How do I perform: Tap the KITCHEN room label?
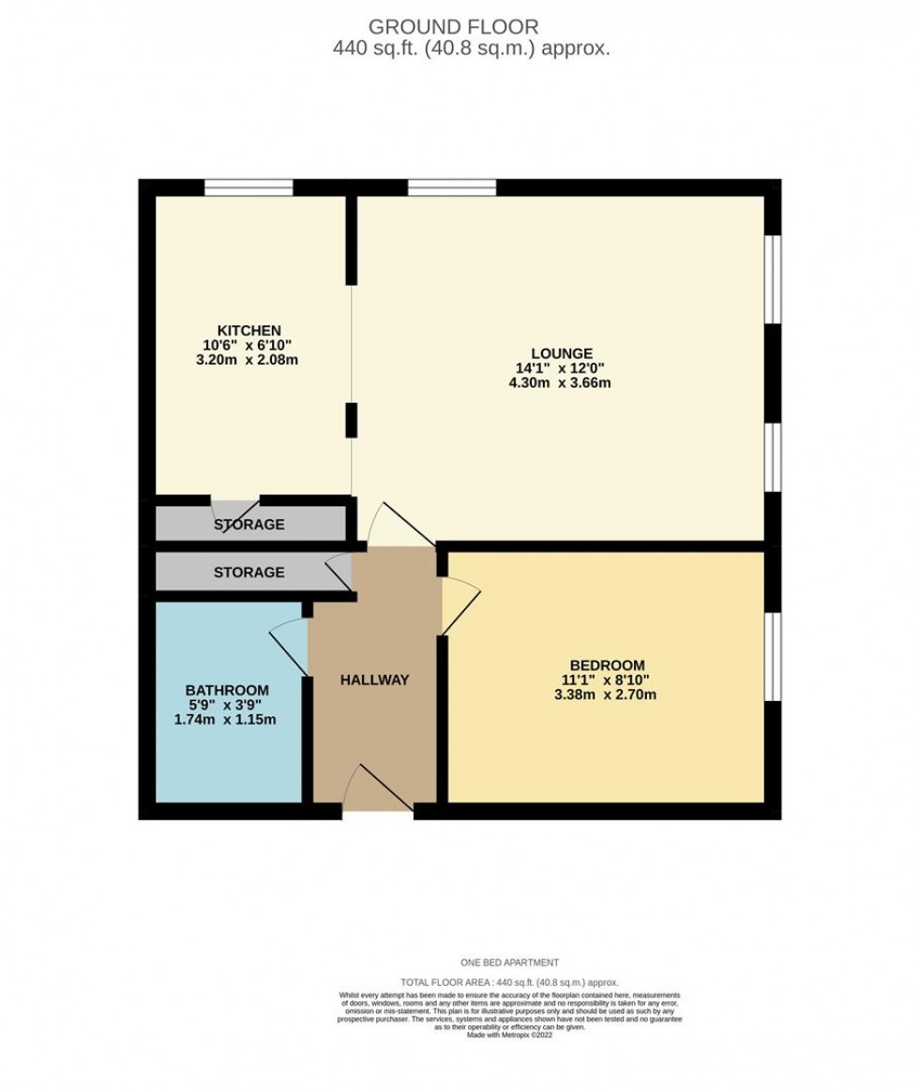point(249,331)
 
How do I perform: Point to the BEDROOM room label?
point(605,665)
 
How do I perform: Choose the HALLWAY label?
point(374,680)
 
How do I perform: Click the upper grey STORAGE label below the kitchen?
point(249,525)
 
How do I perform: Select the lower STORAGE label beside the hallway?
point(249,572)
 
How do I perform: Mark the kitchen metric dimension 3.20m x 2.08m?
point(249,360)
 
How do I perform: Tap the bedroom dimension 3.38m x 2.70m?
point(605,695)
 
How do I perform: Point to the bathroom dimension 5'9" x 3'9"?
point(230,705)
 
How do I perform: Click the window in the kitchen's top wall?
point(249,187)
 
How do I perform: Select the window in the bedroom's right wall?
point(772,656)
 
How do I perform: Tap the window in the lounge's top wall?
point(451,187)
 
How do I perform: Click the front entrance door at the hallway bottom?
point(378,790)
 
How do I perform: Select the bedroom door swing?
point(459,600)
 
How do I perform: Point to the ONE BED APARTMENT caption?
point(509,963)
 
